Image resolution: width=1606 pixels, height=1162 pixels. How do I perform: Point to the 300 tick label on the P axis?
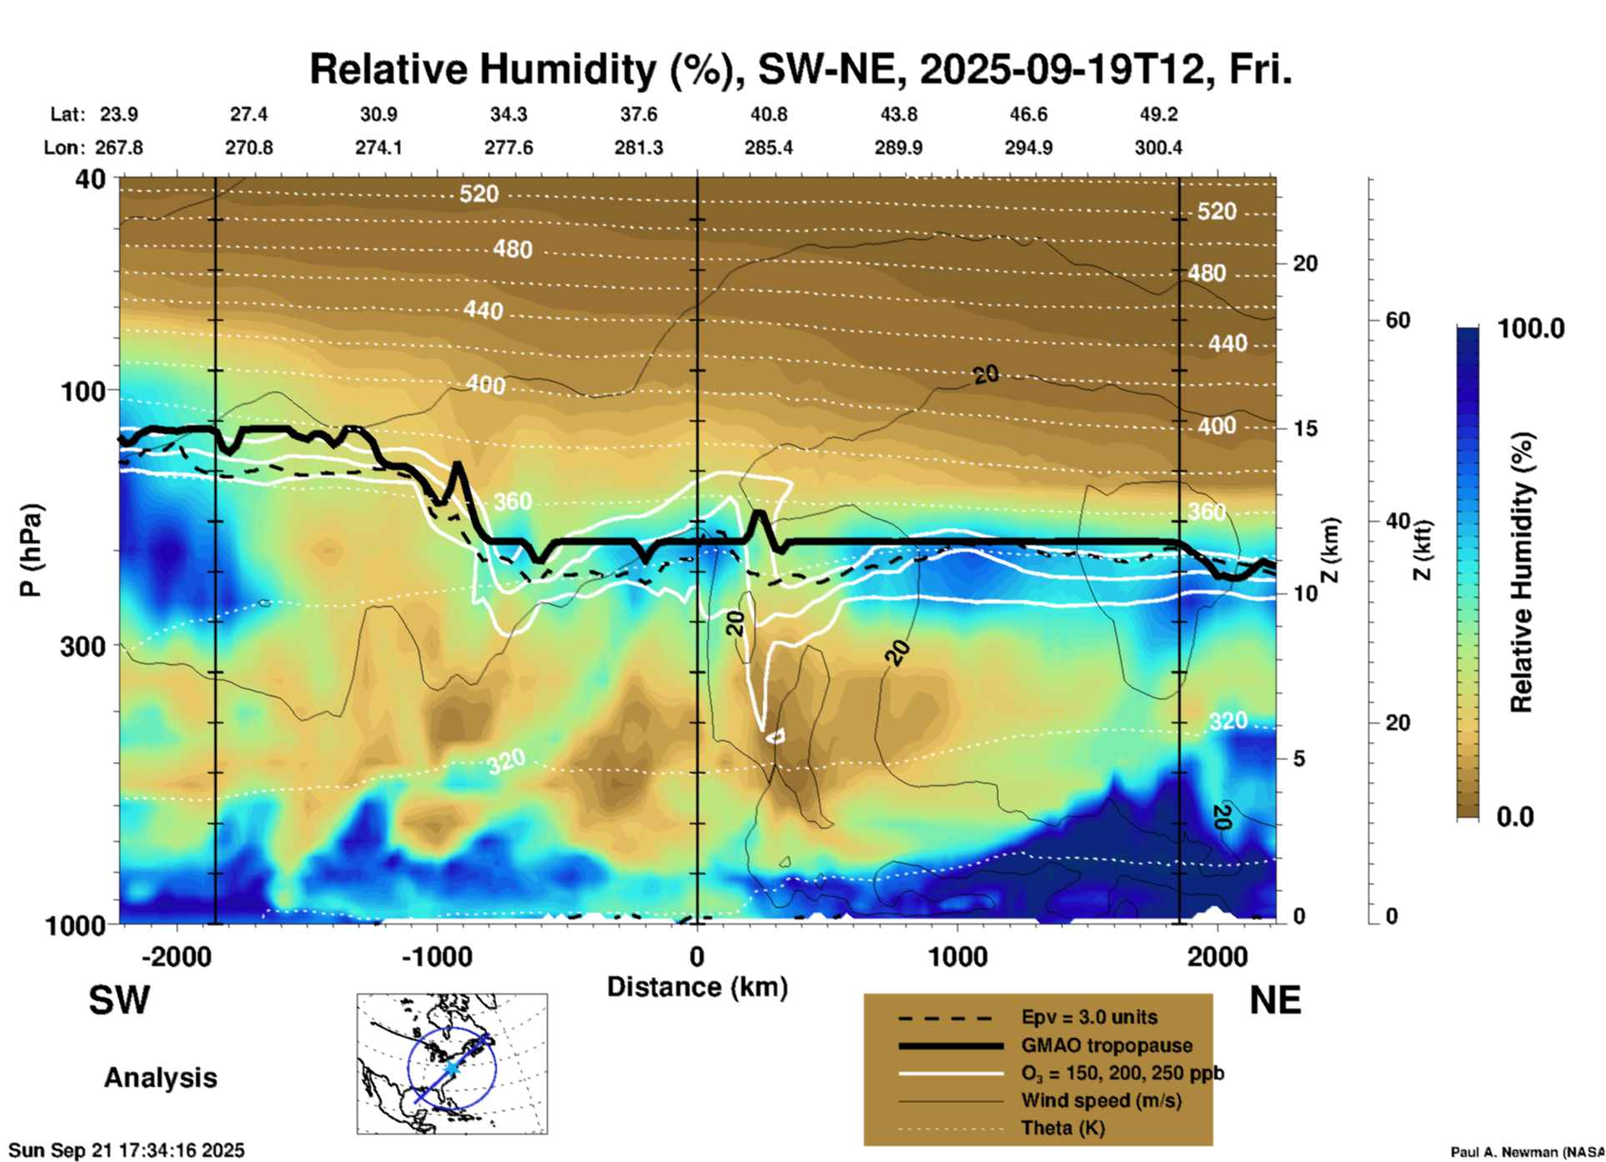(x=83, y=646)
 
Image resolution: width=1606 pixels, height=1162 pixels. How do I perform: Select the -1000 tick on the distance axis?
(x=437, y=956)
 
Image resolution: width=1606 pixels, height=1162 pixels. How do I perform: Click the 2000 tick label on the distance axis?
(x=1217, y=956)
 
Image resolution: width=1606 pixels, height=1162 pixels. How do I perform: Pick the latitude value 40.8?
(x=768, y=114)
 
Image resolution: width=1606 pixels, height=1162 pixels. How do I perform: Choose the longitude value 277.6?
(x=509, y=148)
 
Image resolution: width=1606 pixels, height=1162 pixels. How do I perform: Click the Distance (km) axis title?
(x=697, y=987)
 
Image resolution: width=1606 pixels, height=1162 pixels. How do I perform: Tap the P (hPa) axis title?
(x=31, y=549)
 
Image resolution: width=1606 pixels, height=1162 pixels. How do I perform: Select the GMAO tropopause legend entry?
(x=1107, y=1045)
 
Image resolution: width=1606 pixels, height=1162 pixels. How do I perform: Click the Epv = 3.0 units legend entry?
(x=1088, y=1017)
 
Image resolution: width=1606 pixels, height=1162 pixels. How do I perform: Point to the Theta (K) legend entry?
(x=1062, y=1128)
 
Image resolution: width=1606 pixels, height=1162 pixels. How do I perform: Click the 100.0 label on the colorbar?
(x=1531, y=328)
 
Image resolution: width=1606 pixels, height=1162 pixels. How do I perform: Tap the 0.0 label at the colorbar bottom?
(x=1515, y=817)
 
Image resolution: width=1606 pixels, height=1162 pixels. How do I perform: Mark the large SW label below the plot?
(x=119, y=1000)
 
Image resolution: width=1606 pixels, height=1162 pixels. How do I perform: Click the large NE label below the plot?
(x=1275, y=1000)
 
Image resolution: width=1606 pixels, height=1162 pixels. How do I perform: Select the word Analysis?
(x=160, y=1077)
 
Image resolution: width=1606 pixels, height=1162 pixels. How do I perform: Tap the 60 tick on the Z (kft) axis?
(x=1398, y=320)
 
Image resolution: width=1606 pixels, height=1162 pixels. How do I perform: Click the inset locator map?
(x=452, y=1064)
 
